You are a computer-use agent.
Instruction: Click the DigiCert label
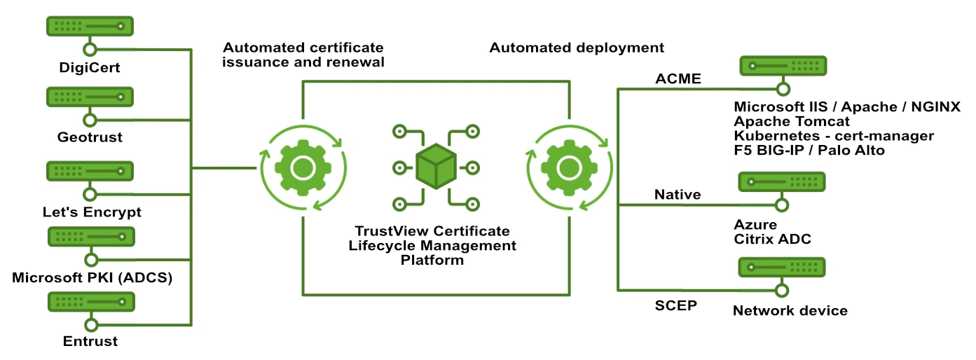(90, 69)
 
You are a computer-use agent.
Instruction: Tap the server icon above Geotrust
(90, 97)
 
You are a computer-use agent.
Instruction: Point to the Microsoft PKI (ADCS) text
(92, 278)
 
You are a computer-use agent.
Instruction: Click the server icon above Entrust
(90, 303)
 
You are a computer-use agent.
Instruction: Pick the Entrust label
(90, 342)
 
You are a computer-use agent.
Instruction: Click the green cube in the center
(436, 167)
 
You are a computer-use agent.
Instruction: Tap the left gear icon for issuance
(302, 167)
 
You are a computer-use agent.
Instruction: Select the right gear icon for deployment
(567, 167)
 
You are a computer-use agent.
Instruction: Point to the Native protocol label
(678, 194)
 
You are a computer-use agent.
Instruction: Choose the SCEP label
(676, 306)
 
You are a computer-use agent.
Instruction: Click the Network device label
(790, 310)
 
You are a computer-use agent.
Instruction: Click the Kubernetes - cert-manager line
(834, 136)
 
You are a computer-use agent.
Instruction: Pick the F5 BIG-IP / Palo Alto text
(809, 151)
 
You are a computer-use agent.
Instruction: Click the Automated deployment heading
(576, 48)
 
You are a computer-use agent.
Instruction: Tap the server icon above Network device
(782, 267)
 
